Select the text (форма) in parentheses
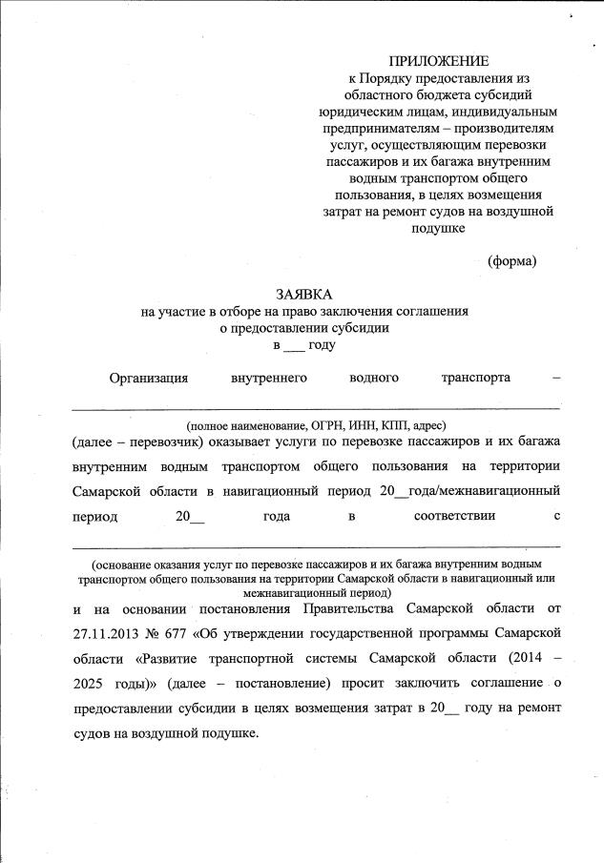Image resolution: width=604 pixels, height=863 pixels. (x=511, y=260)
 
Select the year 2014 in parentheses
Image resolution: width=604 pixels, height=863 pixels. (x=516, y=658)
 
